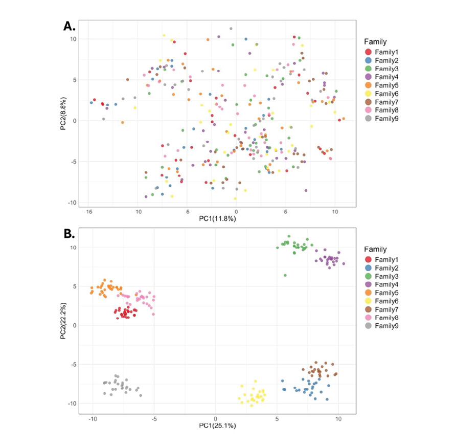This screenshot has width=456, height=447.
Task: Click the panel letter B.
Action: [x=69, y=235]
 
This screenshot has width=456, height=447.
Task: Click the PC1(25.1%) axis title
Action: [x=216, y=426]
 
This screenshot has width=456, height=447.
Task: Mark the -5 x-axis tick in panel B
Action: [x=154, y=418]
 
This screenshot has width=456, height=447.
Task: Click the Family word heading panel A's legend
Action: [x=375, y=41]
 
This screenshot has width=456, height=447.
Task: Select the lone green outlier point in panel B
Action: [x=285, y=275]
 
